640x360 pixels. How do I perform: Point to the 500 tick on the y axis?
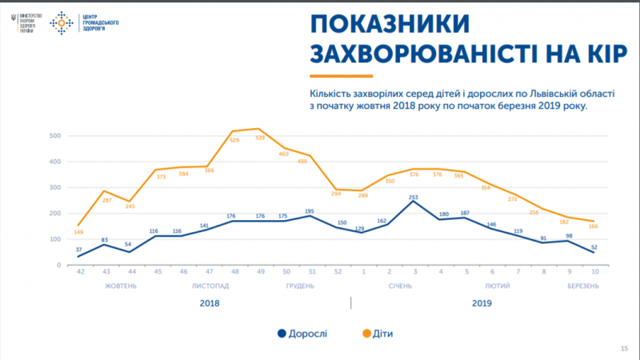point(54,136)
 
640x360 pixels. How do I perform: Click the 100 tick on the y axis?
point(54,239)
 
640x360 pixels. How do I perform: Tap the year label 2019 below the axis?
point(482,303)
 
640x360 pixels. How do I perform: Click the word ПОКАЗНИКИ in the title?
point(384,24)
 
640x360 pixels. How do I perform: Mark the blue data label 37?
point(79,249)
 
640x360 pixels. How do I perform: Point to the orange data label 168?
point(593,226)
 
